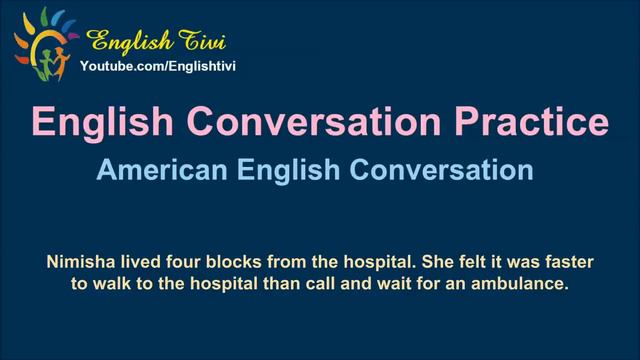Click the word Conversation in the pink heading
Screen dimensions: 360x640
click(314, 123)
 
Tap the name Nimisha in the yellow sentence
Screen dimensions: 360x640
click(81, 263)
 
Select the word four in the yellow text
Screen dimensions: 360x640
click(184, 263)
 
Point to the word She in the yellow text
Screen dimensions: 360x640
click(426, 263)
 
